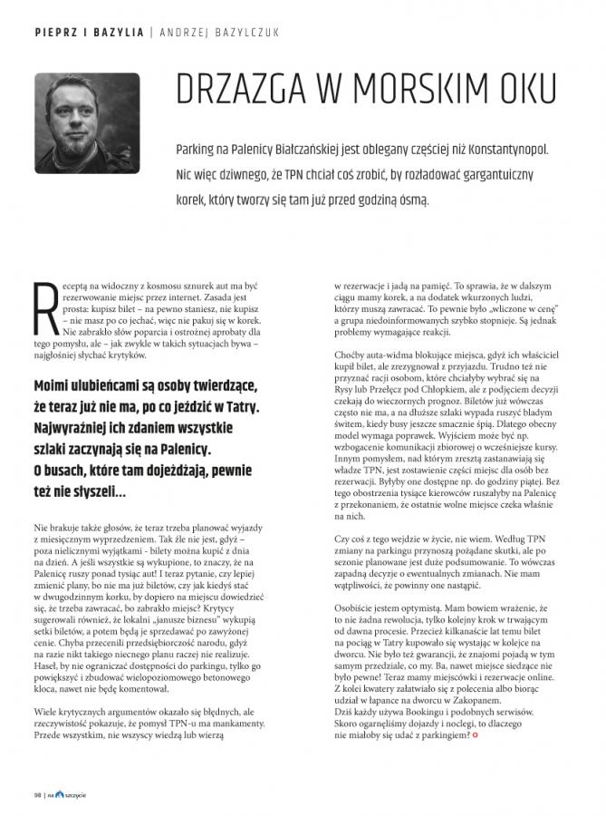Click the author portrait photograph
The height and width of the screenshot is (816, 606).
(x=88, y=123)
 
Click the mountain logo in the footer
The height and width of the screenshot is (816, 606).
(x=60, y=794)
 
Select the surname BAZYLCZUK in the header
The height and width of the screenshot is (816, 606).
(x=241, y=32)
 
